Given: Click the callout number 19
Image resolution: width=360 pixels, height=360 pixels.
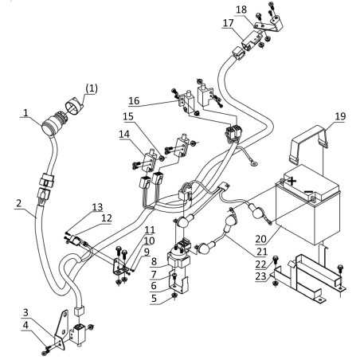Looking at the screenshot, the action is pos(340,116).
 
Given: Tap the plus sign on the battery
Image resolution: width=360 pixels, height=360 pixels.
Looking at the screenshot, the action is pos(292,182).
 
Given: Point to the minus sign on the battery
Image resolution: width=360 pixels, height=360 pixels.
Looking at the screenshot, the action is pos(308,191).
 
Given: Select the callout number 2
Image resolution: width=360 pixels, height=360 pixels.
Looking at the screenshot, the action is pos(18,203).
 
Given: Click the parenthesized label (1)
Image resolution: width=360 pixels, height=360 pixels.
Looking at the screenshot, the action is pos(92,88).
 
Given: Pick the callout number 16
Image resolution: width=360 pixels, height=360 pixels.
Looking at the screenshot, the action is pos(134,101).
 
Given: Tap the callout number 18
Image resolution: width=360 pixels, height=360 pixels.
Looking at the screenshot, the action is pos(241,10).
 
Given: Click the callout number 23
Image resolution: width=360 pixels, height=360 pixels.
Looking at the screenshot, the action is pos(260,276).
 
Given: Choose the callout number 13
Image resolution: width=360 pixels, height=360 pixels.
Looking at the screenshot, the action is pos(97,207).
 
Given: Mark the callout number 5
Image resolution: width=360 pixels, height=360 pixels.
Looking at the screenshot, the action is pos(154,299).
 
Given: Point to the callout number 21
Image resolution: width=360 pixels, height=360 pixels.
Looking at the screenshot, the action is pos(261,252).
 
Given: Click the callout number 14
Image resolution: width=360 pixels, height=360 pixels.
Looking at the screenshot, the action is pos(124,134).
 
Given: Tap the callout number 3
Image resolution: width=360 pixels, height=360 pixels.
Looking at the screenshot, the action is pos(25,312).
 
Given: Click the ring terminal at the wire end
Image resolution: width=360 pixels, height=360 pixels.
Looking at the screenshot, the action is pos(254,163).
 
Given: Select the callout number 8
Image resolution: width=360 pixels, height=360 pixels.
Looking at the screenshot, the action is pos(154,261).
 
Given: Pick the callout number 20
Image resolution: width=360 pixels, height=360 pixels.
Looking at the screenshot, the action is pos(260,239).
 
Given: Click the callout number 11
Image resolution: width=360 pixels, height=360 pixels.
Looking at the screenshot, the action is pos(150,229).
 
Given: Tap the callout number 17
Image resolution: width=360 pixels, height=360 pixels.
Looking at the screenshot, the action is pos(228,23).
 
